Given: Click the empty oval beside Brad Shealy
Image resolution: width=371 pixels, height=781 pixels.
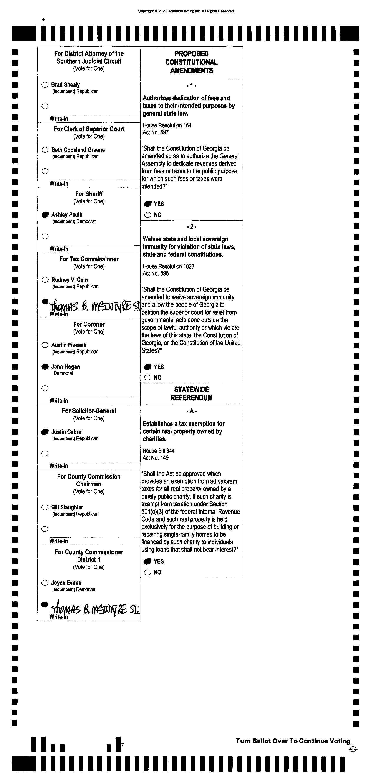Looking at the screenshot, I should coord(45,85).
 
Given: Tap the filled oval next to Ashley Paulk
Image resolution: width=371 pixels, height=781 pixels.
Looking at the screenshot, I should coord(45,215).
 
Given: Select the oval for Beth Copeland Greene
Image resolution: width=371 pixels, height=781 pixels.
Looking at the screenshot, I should coord(45,150).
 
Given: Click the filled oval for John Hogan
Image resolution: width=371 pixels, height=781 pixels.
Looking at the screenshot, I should coord(45,367).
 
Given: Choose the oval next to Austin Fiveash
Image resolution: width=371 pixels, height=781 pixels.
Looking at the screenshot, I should coord(45,345).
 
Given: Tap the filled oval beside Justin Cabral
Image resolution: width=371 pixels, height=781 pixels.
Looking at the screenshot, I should coord(45,431).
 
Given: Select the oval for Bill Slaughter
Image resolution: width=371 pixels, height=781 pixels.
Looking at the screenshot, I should coord(45,507).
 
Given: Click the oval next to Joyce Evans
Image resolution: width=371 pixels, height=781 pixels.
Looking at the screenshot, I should coord(45,583).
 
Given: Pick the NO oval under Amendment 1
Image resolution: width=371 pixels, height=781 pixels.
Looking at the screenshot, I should coord(148,215).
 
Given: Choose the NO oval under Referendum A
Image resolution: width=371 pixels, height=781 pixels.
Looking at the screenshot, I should coord(148,572).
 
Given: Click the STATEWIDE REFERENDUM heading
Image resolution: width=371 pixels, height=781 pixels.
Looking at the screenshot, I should coord(191,393).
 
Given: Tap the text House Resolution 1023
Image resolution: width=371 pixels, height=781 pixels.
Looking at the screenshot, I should coord(168,266).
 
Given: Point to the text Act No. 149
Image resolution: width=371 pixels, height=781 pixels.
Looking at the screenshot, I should coord(156,458).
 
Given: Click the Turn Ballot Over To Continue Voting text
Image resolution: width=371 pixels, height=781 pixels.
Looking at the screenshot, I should coord(293,741).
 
